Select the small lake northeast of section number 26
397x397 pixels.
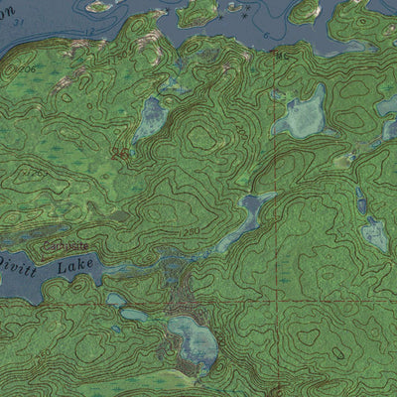[x=151, y=118]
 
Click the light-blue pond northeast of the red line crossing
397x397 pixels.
[x=375, y=234]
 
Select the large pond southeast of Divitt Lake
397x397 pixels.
[x=195, y=337]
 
